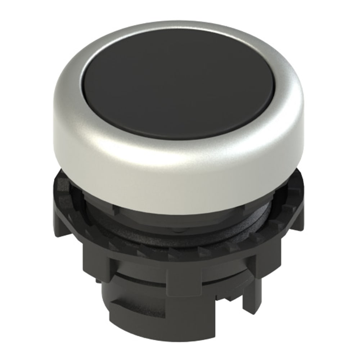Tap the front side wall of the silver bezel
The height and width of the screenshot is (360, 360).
pyautogui.click(x=180, y=169)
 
